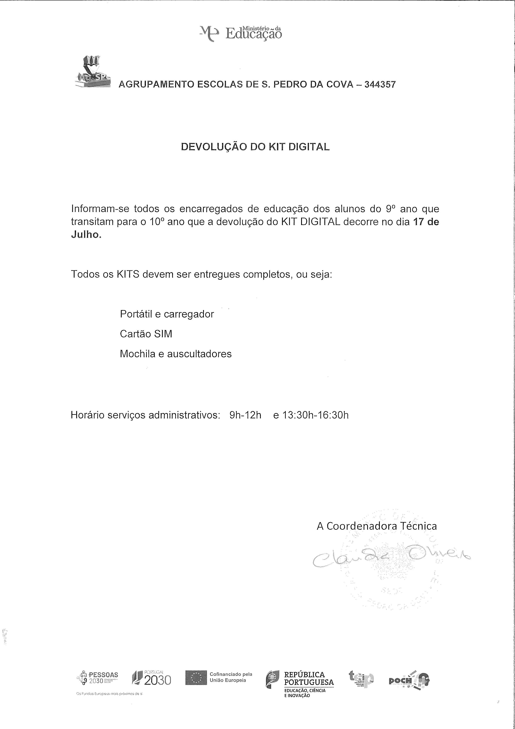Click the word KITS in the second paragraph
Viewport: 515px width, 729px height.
pos(128,274)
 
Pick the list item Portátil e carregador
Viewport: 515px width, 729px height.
pos(167,314)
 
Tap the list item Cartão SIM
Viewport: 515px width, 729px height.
pos(146,334)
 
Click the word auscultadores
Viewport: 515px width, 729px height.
pos(199,354)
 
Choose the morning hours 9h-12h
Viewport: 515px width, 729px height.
pos(245,415)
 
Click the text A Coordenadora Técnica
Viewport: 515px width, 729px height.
pos(377,526)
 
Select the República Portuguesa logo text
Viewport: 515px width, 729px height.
pos(308,679)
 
